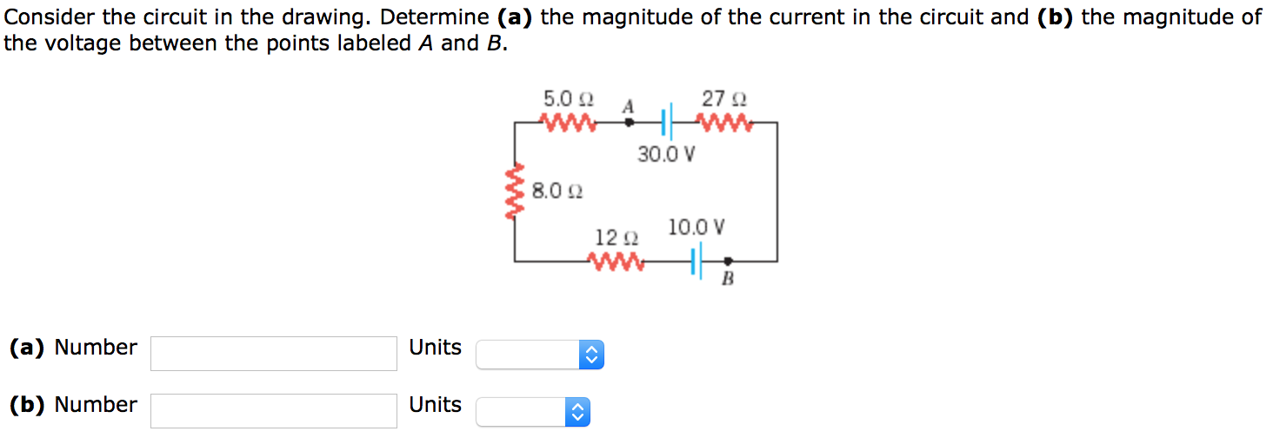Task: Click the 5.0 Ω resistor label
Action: (x=568, y=97)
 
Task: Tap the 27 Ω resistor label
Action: (x=724, y=98)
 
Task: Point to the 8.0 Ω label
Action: (x=557, y=190)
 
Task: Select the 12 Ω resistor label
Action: (x=617, y=237)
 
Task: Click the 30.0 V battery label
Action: (x=666, y=155)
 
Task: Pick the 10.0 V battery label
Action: (x=696, y=228)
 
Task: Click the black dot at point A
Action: (x=630, y=123)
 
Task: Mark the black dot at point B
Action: (x=728, y=260)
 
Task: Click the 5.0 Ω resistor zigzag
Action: (x=569, y=123)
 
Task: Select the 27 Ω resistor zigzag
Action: (x=724, y=123)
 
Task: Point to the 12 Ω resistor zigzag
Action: (x=617, y=261)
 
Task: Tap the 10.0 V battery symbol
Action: (x=696, y=260)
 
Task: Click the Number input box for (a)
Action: (x=274, y=354)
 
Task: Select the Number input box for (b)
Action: (x=274, y=410)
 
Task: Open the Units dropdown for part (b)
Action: (x=532, y=412)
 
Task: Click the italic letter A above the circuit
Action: (x=627, y=106)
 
